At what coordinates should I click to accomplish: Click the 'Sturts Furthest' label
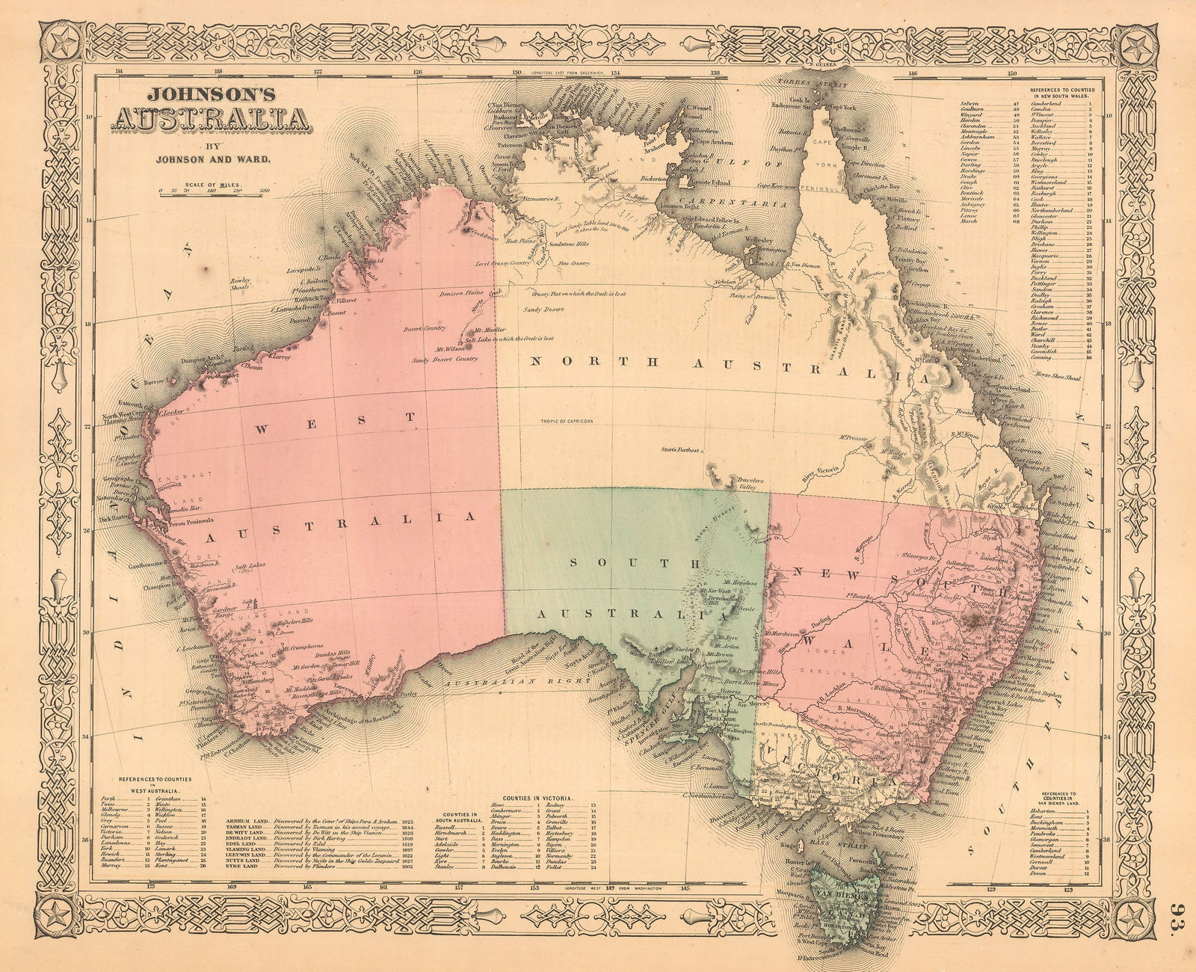click(x=679, y=450)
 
